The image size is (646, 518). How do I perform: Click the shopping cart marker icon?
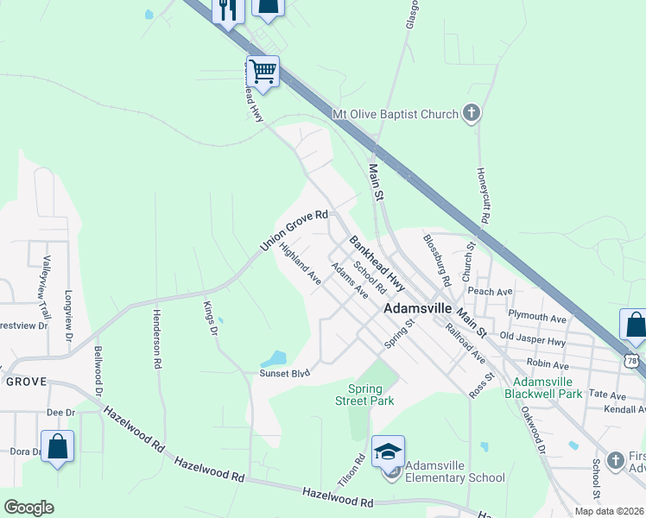263,70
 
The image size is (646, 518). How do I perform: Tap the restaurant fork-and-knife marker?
227,9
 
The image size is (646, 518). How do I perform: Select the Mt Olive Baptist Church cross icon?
471,113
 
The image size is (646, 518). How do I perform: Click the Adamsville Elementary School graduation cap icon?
389,451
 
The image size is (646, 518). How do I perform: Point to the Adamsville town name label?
417,307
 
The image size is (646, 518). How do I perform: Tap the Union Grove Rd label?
294,231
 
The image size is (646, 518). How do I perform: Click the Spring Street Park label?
370,395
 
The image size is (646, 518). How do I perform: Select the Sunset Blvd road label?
284,375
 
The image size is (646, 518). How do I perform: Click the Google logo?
28,508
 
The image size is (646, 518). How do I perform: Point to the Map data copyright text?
609,511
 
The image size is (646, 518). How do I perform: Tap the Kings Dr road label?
208,317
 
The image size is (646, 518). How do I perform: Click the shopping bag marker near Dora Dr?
57,446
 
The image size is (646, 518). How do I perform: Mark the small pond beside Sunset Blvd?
274,357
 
